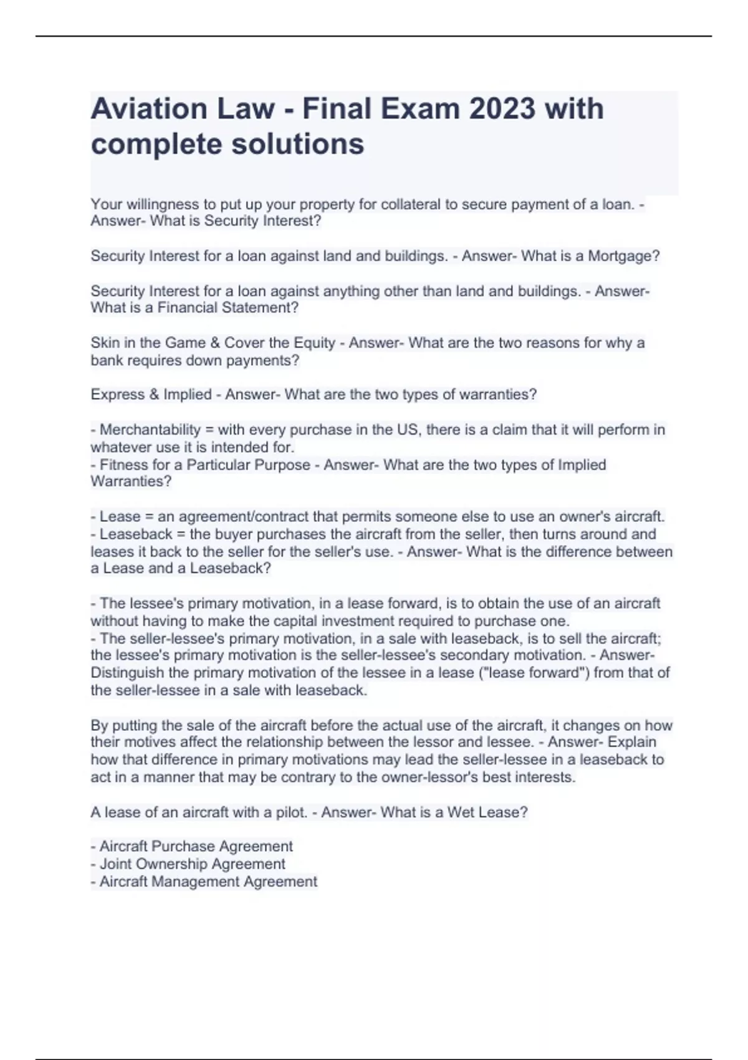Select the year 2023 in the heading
pyautogui.click(x=502, y=109)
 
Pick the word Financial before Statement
pyautogui.click(x=191, y=307)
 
